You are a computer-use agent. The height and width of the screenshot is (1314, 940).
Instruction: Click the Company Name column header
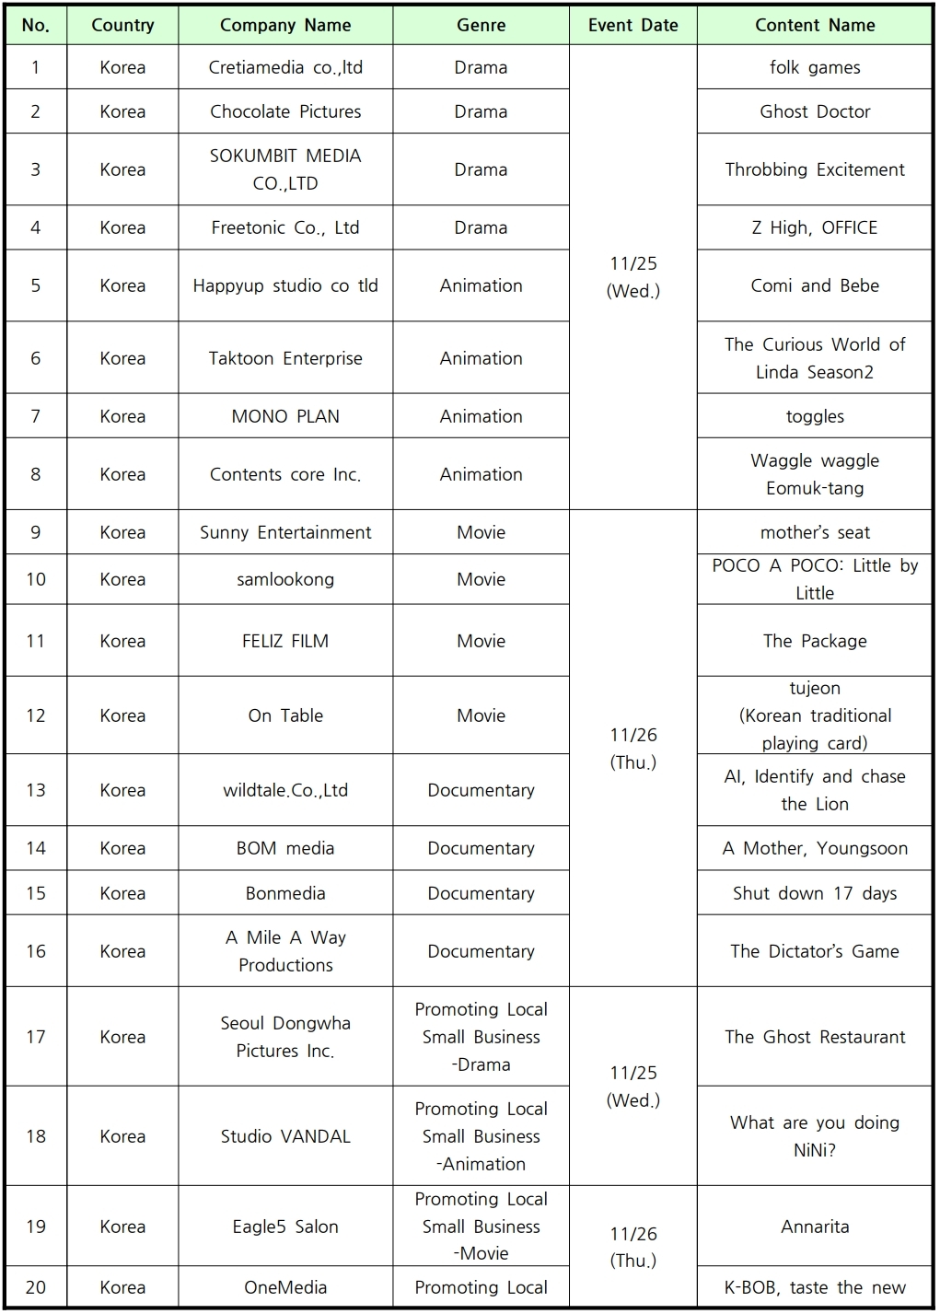click(285, 26)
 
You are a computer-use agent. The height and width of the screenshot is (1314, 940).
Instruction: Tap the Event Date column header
click(632, 26)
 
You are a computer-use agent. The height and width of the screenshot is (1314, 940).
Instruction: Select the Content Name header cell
click(814, 26)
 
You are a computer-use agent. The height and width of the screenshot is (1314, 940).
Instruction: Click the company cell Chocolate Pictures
click(285, 111)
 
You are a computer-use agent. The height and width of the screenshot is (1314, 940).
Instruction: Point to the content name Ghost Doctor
click(814, 111)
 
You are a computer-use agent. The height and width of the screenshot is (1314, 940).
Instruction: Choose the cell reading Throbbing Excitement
click(814, 169)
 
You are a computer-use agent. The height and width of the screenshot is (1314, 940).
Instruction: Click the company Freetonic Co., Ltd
click(285, 227)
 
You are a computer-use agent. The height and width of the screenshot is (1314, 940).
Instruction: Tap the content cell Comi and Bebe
click(814, 285)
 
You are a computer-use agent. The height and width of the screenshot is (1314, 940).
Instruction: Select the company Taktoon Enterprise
click(285, 358)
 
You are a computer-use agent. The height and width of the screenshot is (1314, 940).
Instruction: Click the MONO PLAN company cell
click(285, 416)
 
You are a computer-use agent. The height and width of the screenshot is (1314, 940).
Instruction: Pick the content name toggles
click(814, 416)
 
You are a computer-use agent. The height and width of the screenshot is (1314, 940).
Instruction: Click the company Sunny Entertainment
click(285, 532)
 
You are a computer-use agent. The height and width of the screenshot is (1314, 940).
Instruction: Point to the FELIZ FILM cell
click(285, 641)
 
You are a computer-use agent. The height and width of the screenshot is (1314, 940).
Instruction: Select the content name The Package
click(814, 641)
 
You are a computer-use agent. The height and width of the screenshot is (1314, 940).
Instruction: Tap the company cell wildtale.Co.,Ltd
click(285, 790)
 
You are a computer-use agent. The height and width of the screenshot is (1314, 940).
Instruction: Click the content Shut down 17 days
click(814, 893)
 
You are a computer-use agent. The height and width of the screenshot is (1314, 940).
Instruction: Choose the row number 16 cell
click(36, 951)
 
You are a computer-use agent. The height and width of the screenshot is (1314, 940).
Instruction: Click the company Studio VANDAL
click(285, 1136)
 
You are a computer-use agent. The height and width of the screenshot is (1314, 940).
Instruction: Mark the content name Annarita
click(814, 1227)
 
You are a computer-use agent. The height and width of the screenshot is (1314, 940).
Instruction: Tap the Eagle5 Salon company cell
click(285, 1227)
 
